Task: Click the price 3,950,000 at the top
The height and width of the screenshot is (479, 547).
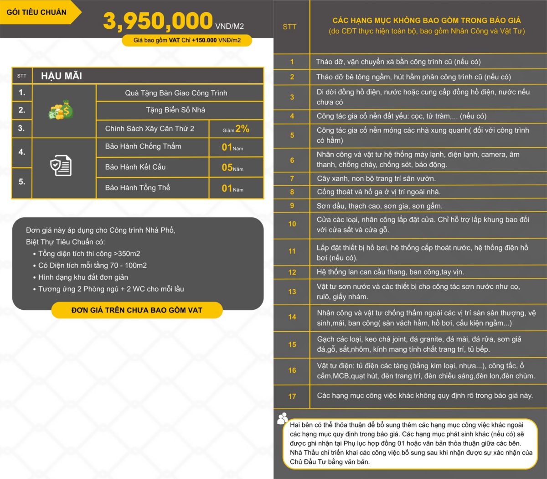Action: click(x=158, y=21)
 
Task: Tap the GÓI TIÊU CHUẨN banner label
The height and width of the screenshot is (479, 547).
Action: click(x=36, y=12)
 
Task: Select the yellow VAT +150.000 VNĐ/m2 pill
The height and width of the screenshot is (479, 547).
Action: click(x=187, y=40)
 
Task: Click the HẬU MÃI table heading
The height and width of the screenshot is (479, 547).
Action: click(x=62, y=76)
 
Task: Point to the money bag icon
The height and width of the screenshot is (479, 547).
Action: click(x=62, y=110)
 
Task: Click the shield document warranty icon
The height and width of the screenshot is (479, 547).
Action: click(x=61, y=166)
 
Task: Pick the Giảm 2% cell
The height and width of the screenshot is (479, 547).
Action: click(x=236, y=129)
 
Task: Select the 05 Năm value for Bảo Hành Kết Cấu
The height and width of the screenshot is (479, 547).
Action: click(x=232, y=168)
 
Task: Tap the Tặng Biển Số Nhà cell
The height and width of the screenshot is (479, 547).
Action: click(x=175, y=110)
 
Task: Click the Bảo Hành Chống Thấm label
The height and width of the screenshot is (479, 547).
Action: click(x=143, y=146)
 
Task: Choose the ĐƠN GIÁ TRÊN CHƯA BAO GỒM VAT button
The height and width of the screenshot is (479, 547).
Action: click(x=137, y=310)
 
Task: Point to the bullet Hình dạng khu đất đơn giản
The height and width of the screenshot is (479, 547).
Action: click(x=83, y=277)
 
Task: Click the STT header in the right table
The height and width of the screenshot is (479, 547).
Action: click(x=289, y=27)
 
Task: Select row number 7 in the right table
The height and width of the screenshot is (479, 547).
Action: click(x=292, y=178)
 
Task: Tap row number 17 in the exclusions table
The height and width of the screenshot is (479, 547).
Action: click(x=292, y=396)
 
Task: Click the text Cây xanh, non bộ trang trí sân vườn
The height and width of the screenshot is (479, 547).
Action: click(x=376, y=178)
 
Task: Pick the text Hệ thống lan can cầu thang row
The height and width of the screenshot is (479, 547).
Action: click(x=390, y=272)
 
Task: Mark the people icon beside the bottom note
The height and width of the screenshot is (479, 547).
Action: click(x=283, y=418)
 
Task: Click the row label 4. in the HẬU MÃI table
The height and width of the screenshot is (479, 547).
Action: click(x=22, y=152)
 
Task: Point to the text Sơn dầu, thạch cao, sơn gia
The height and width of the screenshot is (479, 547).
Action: click(x=379, y=206)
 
